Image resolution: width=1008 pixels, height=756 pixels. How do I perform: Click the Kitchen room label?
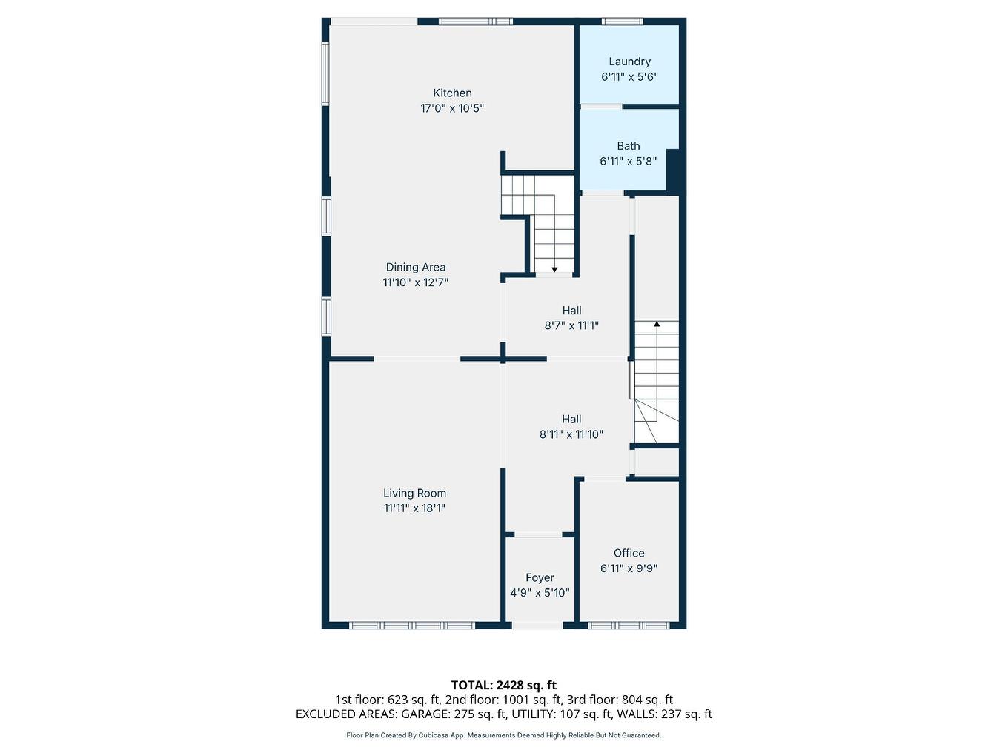tap(452, 93)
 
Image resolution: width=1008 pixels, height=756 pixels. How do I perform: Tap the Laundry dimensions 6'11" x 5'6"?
tap(629, 76)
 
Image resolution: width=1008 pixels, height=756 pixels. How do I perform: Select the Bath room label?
tap(629, 146)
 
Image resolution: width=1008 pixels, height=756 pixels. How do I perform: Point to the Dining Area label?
tap(416, 267)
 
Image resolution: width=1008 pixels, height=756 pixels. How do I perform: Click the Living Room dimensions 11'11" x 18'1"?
tap(414, 508)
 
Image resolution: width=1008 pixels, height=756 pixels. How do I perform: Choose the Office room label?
tap(629, 553)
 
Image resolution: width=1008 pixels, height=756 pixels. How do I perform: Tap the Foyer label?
tap(540, 577)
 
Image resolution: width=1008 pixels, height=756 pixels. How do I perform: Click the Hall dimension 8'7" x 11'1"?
tap(571, 326)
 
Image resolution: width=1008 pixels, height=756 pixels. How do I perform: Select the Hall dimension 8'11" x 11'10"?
tap(571, 434)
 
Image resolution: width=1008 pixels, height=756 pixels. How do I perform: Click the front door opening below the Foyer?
tap(537, 625)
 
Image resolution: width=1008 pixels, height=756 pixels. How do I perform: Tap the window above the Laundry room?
tap(623, 21)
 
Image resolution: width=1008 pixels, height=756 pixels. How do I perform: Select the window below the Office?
tap(629, 625)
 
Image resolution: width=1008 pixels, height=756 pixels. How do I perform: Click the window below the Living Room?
tap(412, 625)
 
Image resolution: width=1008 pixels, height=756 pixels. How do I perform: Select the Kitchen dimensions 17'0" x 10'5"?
tap(452, 109)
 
